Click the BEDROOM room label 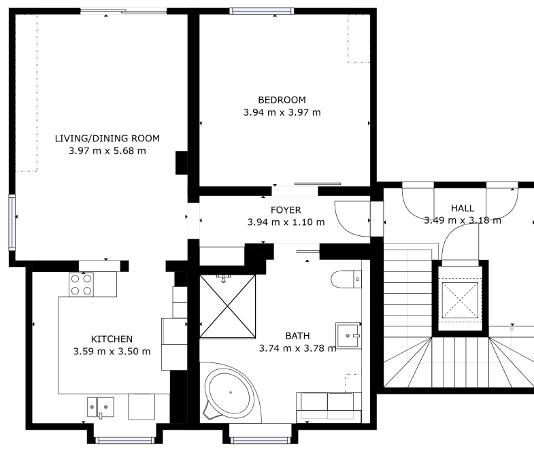pos(282,100)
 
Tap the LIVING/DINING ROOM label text pos(107,138)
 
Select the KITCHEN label pos(112,339)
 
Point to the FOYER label pos(286,210)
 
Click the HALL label pos(463,208)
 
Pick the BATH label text pos(297,336)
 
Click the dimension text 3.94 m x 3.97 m pos(282,112)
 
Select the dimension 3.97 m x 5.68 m pos(107,150)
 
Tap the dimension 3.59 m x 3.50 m pos(112,352)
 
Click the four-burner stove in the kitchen pos(81,285)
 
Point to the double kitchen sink pos(101,407)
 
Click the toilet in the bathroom pos(346,279)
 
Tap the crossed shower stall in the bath pos(227,307)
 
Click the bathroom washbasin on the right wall pos(348,336)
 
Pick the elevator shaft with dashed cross pos(460,300)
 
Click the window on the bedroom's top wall pos(261,12)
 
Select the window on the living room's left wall pos(12,222)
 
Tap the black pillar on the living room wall pos(182,163)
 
